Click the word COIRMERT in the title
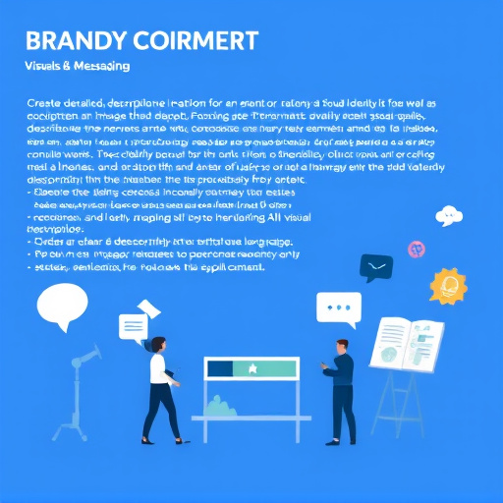pyautogui.click(x=197, y=41)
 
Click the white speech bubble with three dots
pyautogui.click(x=339, y=307)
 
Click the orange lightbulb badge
pyautogui.click(x=451, y=286)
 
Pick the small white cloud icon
pyautogui.click(x=449, y=215)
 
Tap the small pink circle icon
pyautogui.click(x=415, y=250)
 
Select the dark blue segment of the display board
pyautogui.click(x=218, y=368)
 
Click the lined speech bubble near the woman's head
pyautogui.click(x=132, y=326)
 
